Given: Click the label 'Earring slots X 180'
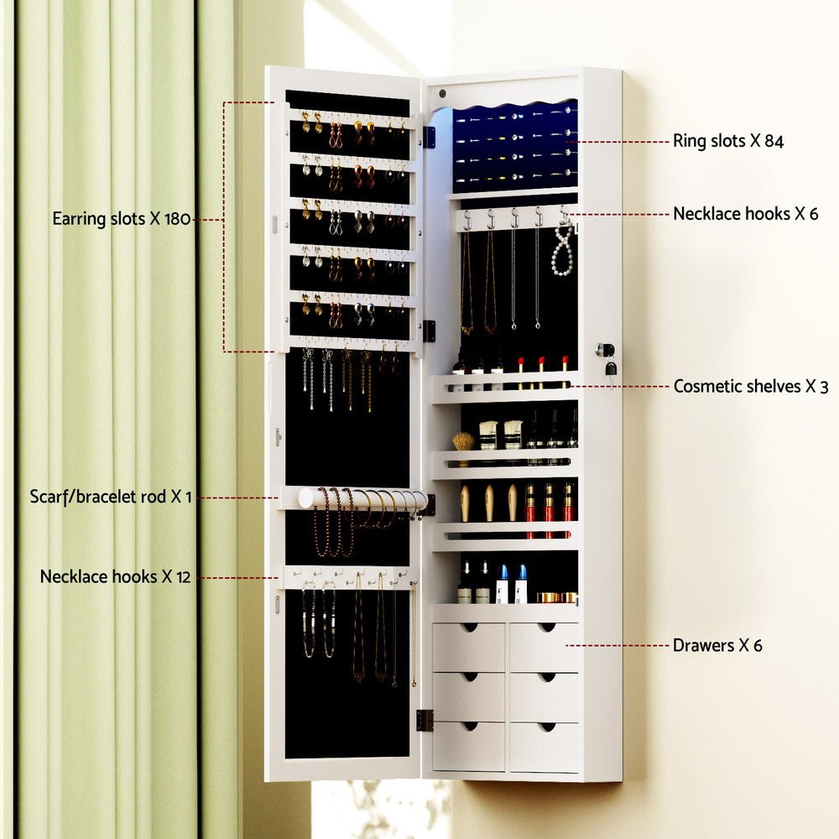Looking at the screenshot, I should click(122, 220).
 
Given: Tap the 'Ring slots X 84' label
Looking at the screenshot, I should click(727, 141).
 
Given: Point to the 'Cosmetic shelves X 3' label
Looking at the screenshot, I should click(750, 387).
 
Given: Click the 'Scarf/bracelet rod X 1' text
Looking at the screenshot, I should click(110, 498).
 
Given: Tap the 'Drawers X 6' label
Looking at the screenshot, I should click(717, 646).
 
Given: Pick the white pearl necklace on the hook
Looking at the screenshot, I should click(563, 251).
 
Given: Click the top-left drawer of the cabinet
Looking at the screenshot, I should click(468, 647).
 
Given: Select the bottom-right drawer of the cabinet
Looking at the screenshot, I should click(545, 746).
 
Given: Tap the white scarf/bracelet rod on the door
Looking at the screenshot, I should click(361, 498).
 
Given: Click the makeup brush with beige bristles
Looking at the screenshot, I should click(463, 441).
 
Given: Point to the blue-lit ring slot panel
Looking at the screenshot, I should click(515, 148).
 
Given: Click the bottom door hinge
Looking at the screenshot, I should click(425, 719).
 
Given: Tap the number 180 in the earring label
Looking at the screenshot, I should click(176, 220).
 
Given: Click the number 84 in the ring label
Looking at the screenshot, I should click(773, 141).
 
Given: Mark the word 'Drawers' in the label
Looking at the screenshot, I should click(701, 646).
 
